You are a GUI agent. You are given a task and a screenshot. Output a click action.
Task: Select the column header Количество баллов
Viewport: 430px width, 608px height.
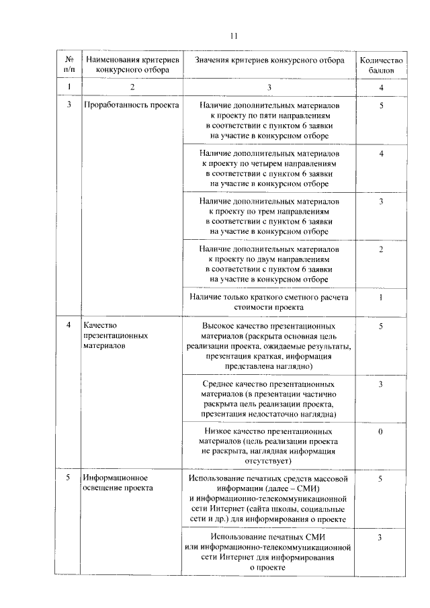click(380, 64)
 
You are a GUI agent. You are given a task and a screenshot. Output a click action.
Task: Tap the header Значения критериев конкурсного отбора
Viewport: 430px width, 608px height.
click(269, 60)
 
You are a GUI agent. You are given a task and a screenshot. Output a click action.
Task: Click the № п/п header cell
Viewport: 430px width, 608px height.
click(69, 64)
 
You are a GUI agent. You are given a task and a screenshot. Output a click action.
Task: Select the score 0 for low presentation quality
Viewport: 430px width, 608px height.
click(380, 431)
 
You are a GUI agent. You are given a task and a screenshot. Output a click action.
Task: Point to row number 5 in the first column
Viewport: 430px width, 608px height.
click(69, 478)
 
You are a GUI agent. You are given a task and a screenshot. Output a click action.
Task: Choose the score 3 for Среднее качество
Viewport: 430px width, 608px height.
click(380, 384)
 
